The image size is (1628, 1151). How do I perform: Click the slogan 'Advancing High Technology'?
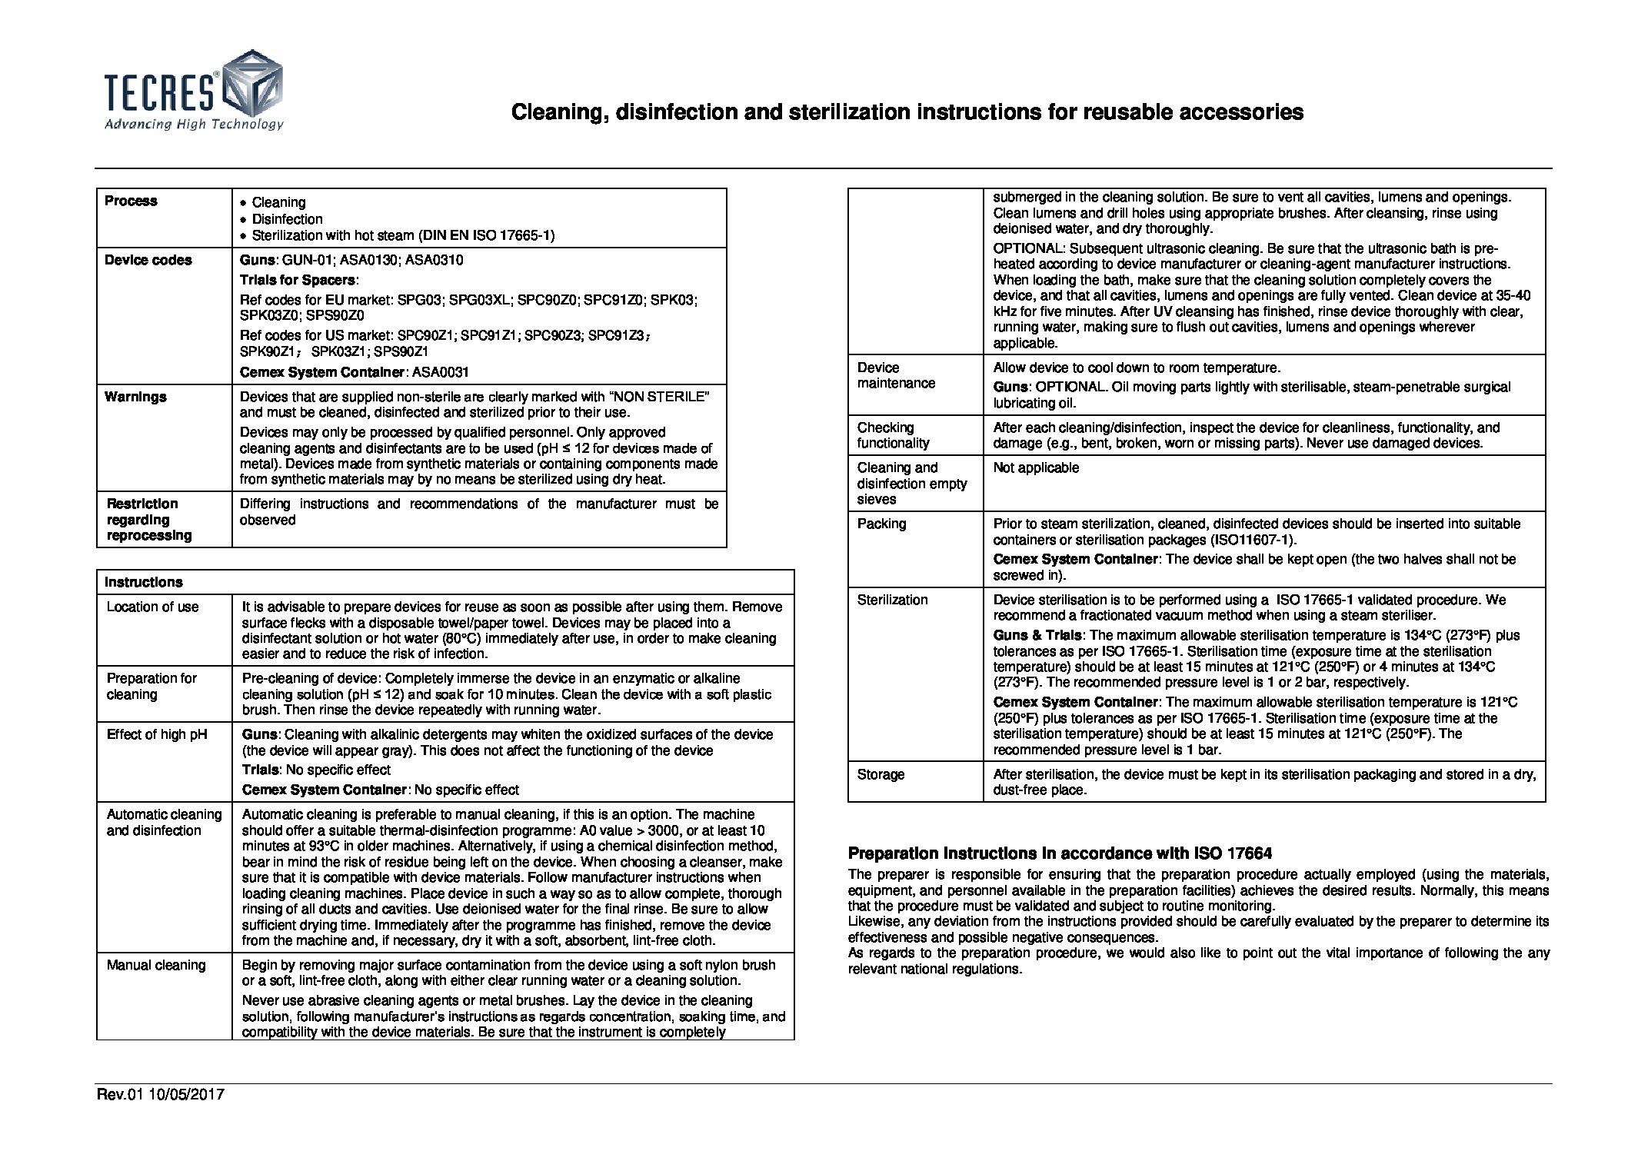pos(194,125)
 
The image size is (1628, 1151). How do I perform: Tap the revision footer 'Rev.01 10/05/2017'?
pos(160,1094)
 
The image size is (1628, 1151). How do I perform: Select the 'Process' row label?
pos(131,201)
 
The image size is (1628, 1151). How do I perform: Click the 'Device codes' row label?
pos(148,260)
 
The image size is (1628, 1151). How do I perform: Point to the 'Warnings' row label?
pos(135,397)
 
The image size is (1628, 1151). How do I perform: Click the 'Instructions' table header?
pos(145,582)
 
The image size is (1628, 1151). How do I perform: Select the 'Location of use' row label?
pos(152,607)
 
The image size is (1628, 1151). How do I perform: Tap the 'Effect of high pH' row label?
pos(157,734)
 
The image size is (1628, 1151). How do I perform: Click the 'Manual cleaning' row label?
pos(156,965)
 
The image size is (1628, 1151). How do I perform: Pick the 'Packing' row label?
pos(881,524)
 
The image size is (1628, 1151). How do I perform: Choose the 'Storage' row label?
pos(881,774)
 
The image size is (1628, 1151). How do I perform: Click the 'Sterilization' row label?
pos(892,600)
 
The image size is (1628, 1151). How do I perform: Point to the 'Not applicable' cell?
pos(1036,467)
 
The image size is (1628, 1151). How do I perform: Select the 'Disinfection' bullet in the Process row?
pos(287,219)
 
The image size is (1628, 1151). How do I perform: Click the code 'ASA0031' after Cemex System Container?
pos(441,372)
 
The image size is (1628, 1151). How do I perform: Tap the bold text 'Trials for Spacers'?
pos(298,280)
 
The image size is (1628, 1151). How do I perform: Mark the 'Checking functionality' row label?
pos(893,435)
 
